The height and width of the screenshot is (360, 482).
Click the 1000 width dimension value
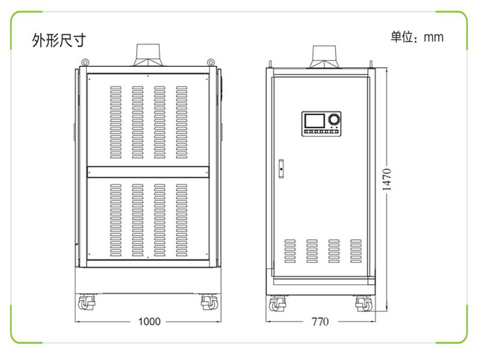[149, 321]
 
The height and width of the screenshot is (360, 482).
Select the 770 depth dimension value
[320, 321]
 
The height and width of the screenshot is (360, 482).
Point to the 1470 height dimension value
[387, 179]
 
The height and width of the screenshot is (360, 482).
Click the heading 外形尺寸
[59, 40]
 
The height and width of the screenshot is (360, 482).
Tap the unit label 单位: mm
[417, 37]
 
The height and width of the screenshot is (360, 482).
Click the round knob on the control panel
[334, 119]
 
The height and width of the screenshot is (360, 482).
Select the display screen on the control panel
[315, 121]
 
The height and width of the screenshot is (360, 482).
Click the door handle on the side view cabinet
[281, 169]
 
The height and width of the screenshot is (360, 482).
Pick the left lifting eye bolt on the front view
[85, 63]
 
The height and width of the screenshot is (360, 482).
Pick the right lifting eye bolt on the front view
[210, 63]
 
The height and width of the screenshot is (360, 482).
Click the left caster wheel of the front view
[86, 303]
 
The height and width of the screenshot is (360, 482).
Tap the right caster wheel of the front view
[209, 303]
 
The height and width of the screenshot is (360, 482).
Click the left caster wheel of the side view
[277, 304]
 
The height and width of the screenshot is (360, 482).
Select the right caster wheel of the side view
[364, 304]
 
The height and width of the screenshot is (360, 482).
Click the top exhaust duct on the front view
[148, 55]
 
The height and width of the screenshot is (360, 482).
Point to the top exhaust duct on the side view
[324, 57]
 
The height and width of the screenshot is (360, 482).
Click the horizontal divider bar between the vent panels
[148, 172]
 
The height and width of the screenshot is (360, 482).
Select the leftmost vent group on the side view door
[290, 251]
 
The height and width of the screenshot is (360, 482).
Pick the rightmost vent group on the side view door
[356, 251]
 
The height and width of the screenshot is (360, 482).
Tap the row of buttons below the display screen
[321, 131]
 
